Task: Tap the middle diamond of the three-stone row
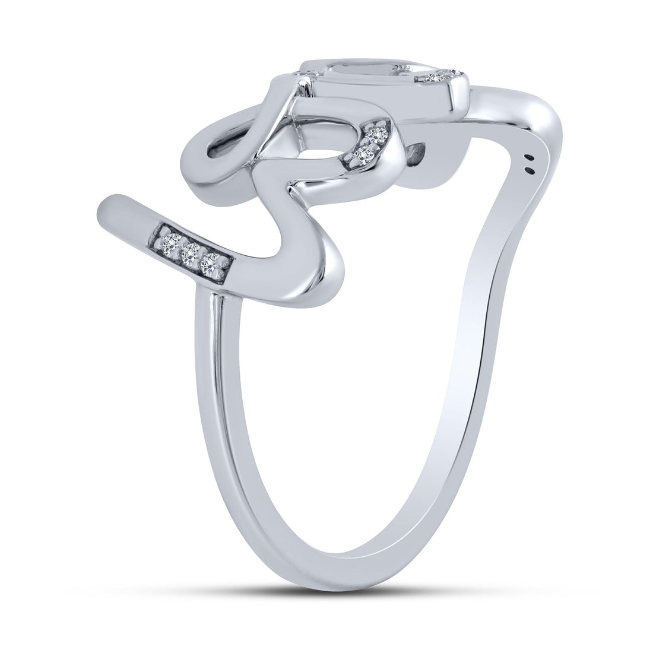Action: (x=190, y=254)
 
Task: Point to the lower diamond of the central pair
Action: (x=360, y=154)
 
